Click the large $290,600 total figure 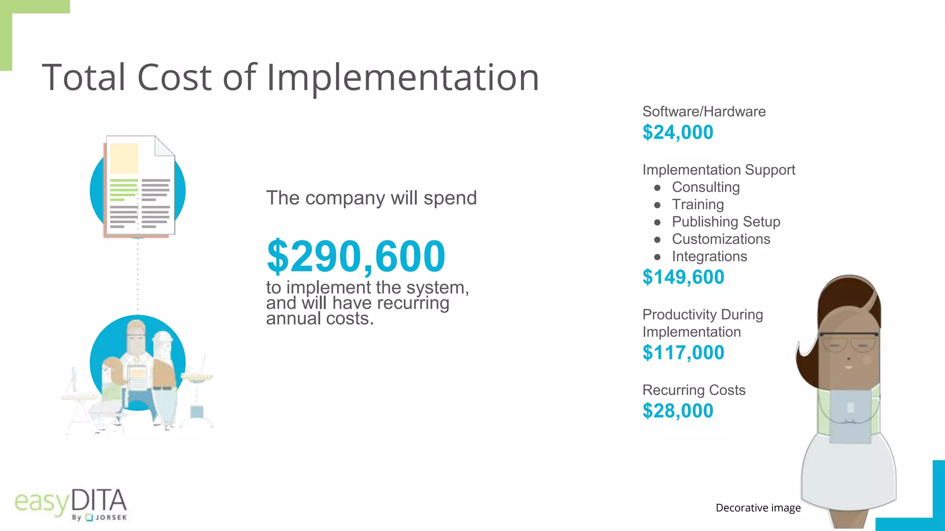(x=356, y=256)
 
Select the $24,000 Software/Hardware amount (x=677, y=133)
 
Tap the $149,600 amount (x=683, y=277)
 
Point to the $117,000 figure (x=683, y=353)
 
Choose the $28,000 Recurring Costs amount (x=677, y=411)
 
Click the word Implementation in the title (x=402, y=77)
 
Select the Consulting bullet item (x=706, y=187)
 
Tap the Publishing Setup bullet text (x=726, y=222)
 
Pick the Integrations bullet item (x=709, y=256)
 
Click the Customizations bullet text (x=721, y=239)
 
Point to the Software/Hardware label (x=704, y=112)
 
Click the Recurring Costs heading (x=694, y=390)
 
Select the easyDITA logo (x=71, y=504)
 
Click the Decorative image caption (x=758, y=508)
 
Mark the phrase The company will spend (x=371, y=198)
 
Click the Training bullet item (x=698, y=205)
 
